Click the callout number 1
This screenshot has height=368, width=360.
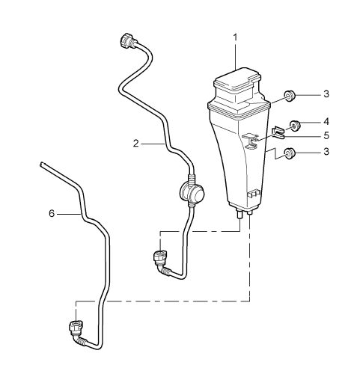[235, 37]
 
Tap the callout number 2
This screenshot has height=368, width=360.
[135, 144]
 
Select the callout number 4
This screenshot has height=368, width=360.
[326, 122]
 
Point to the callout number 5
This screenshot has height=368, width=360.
[326, 135]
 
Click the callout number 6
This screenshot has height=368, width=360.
[52, 213]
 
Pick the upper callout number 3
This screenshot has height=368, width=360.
[326, 94]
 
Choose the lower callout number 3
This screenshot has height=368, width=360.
[326, 151]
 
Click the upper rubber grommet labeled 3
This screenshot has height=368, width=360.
[290, 96]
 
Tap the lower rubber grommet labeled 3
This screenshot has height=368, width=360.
[290, 153]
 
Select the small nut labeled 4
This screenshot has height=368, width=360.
[295, 126]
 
